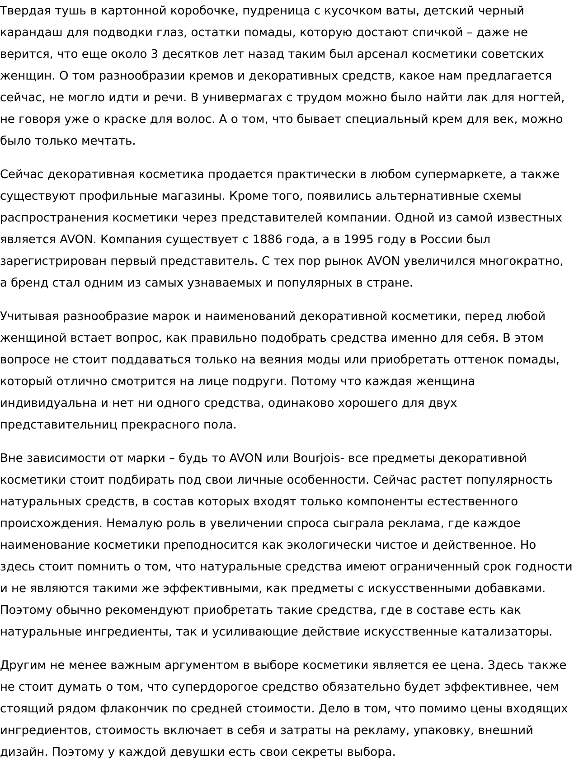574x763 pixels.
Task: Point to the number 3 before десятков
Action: click(154, 54)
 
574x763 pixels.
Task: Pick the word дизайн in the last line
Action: click(24, 752)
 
